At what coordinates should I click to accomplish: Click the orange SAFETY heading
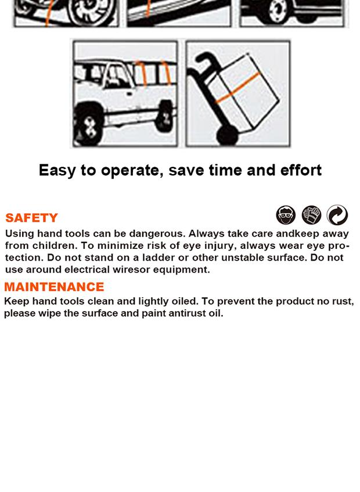pyautogui.click(x=32, y=218)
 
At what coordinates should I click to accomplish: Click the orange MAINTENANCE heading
pyautogui.click(x=54, y=287)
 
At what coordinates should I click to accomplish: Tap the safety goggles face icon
pyautogui.click(x=286, y=215)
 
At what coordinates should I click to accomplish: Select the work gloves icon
pyautogui.click(x=311, y=215)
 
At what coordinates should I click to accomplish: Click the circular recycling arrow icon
pyautogui.click(x=337, y=215)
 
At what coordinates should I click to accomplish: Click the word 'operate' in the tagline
pyautogui.click(x=132, y=171)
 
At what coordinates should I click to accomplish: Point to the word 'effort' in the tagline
pyautogui.click(x=301, y=170)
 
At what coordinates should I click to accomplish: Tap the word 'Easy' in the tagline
pyautogui.click(x=57, y=171)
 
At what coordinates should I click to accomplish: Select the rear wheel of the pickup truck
pyautogui.click(x=165, y=116)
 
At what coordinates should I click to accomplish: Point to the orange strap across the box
pyautogui.click(x=238, y=88)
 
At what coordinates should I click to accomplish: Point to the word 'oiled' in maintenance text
pyautogui.click(x=185, y=301)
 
